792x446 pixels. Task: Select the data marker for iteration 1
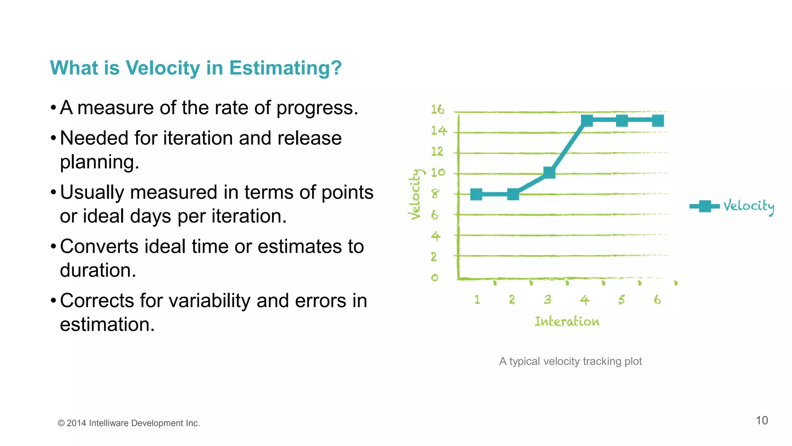476,194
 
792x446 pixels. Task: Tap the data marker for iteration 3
549,172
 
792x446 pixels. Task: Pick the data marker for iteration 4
587,121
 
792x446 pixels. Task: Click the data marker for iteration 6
658,121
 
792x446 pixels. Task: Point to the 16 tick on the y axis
437,110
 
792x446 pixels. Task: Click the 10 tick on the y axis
438,172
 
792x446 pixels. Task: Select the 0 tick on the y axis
435,278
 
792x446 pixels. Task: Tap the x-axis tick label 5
621,300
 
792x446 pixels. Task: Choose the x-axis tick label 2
512,300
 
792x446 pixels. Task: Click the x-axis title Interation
567,321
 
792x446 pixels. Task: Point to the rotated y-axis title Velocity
415,194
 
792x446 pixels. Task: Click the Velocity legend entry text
748,206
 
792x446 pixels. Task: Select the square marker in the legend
705,206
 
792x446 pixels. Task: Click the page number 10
761,420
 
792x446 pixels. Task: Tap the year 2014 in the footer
76,423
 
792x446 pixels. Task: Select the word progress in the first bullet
316,108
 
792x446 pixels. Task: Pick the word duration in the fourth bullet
97,270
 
